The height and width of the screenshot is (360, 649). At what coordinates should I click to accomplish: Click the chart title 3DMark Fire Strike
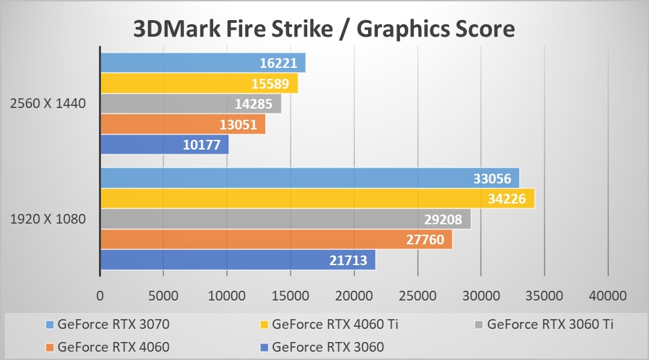click(x=324, y=28)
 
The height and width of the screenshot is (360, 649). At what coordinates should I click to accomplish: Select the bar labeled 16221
click(x=203, y=63)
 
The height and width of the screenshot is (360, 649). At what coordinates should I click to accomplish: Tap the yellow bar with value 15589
click(x=199, y=84)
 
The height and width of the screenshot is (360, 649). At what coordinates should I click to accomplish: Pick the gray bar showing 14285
click(x=190, y=105)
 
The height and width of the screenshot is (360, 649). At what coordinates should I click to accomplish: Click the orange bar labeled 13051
click(x=183, y=125)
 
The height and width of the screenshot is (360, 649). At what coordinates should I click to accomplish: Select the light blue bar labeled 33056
click(x=309, y=179)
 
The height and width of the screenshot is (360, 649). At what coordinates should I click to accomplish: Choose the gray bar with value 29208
click(x=285, y=219)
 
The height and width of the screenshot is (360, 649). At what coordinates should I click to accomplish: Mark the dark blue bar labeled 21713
click(x=237, y=260)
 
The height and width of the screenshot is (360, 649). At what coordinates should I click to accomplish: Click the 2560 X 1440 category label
click(x=48, y=104)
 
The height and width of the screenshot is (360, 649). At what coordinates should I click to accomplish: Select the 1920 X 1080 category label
click(x=48, y=219)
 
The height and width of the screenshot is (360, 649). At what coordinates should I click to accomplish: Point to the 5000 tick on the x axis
click(x=164, y=296)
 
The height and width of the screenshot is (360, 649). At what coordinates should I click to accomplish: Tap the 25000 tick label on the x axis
click(x=417, y=296)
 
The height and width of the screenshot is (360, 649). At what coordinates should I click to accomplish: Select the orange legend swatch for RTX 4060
click(x=48, y=346)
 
